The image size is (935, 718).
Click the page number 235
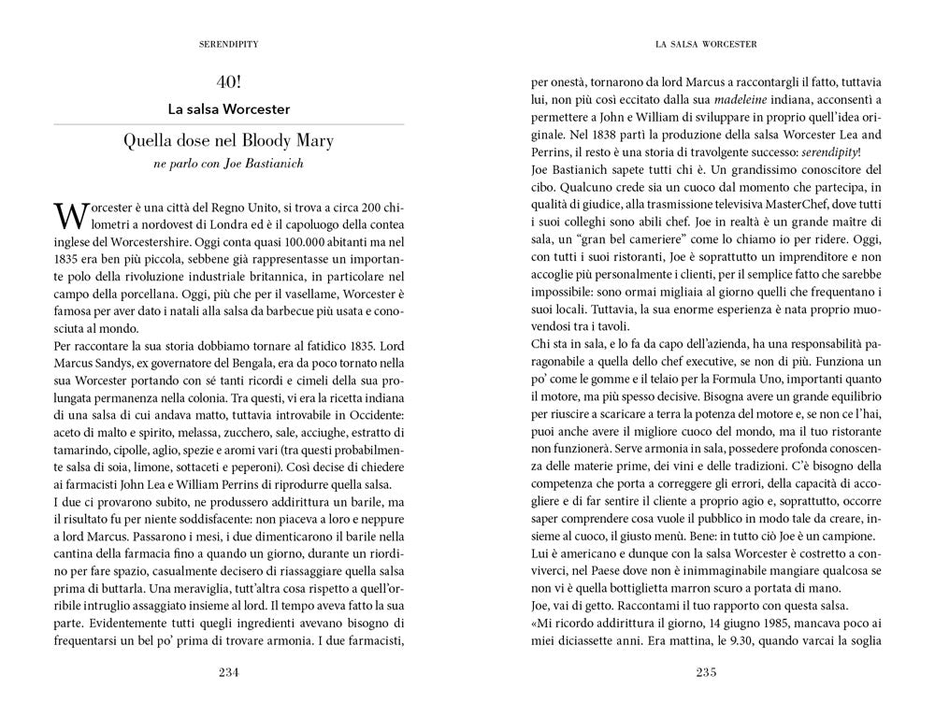click(706, 672)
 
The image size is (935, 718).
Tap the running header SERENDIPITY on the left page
click(229, 44)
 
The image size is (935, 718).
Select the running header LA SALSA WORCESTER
click(706, 44)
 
